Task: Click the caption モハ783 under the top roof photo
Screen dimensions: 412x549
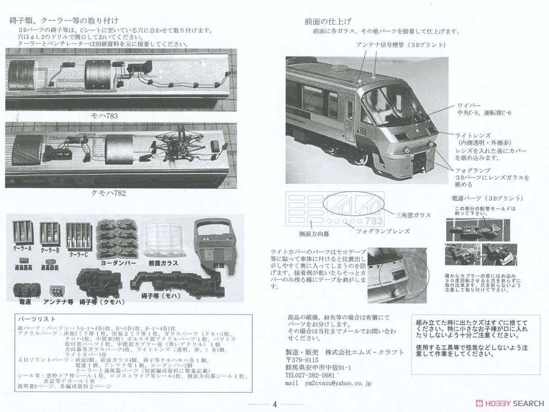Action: [x=105, y=116]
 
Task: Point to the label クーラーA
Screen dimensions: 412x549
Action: [x=23, y=250]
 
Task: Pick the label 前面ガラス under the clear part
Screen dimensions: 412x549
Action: [x=163, y=263]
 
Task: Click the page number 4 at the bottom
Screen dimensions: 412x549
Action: [x=274, y=404]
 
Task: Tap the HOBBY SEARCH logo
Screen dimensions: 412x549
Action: [x=510, y=403]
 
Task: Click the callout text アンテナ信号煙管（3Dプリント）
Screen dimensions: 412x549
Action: [x=400, y=45]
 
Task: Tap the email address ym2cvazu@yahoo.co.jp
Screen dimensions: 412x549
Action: [x=338, y=384]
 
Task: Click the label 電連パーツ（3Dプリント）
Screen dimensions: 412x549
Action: [x=487, y=198]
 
